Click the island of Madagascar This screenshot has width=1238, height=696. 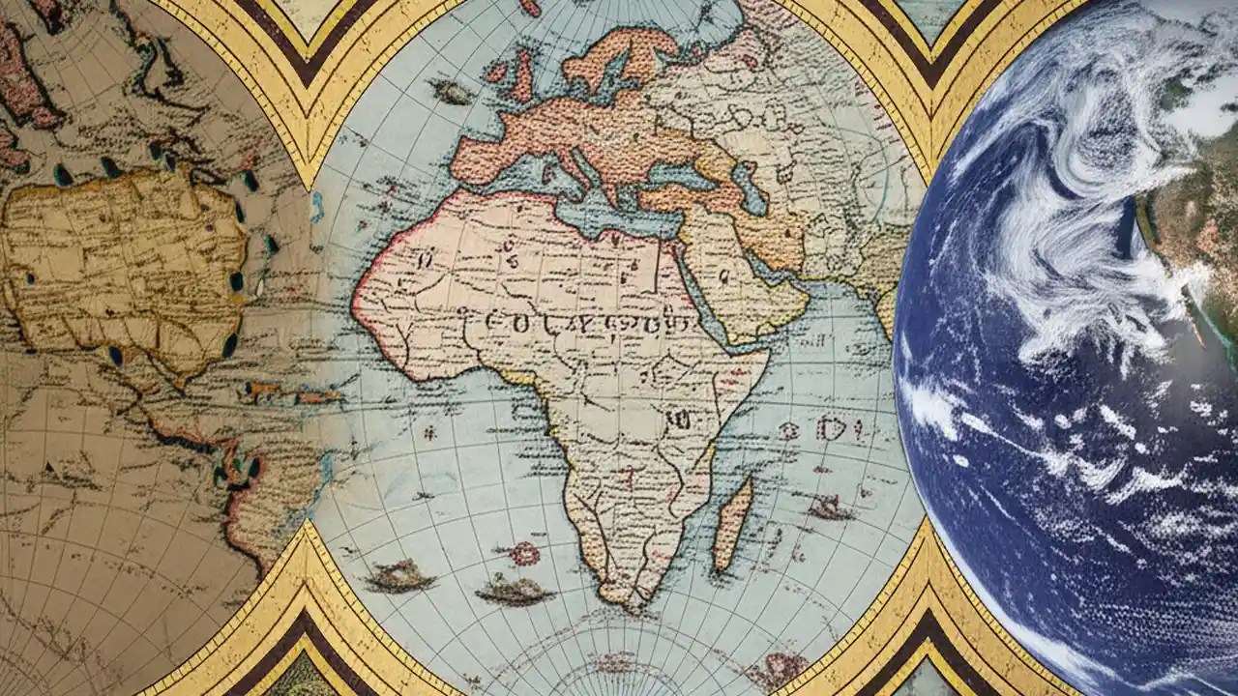[x=732, y=522]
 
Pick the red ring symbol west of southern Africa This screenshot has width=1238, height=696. [x=524, y=553]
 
